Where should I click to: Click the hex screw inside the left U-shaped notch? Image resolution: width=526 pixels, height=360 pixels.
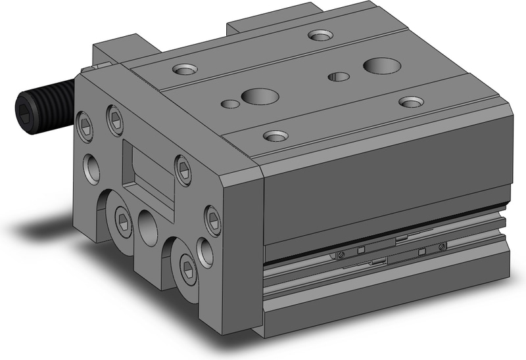(123, 219)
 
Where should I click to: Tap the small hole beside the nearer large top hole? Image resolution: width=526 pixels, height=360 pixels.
(230, 103)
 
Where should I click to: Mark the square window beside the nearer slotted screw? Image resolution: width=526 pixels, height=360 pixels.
(360, 250)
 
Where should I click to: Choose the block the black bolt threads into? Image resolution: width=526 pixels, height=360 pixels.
(118, 53)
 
